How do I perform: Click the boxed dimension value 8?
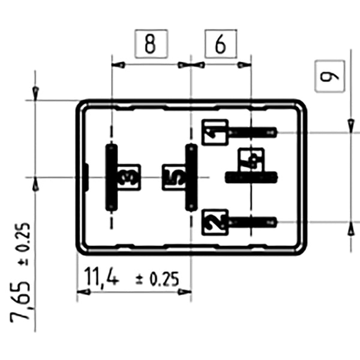coord(150,44)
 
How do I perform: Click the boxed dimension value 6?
coord(220,44)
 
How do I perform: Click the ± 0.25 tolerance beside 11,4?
coord(157,279)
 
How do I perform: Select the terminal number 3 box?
coord(128,177)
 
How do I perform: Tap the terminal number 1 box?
coord(215,132)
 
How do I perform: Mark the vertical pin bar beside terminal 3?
coord(112,177)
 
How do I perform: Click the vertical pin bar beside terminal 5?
coord(191,178)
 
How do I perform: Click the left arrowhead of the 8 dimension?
coord(117,64)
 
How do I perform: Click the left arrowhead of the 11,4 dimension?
coord(82,292)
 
